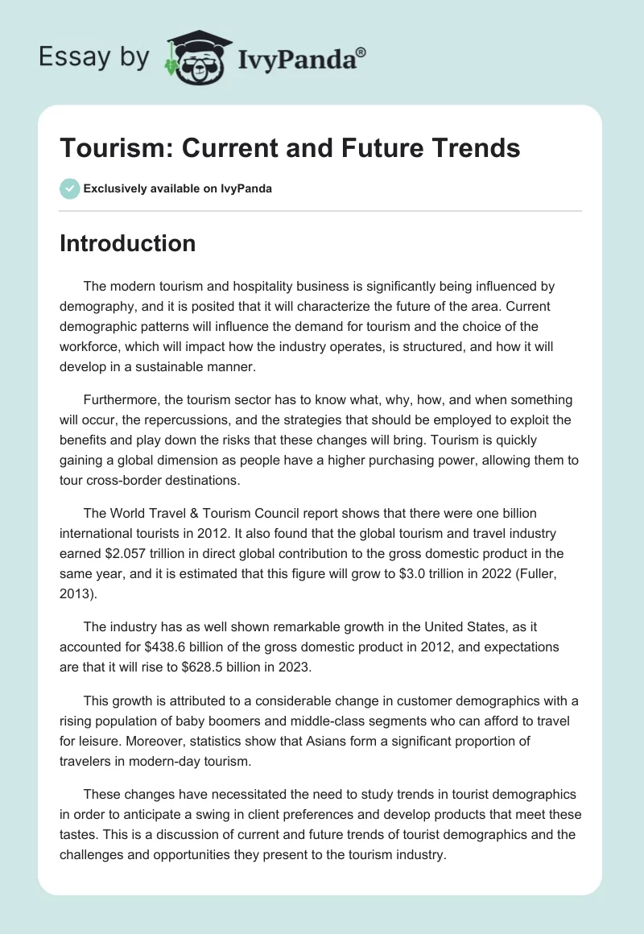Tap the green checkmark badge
tap(69, 188)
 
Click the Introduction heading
tap(127, 243)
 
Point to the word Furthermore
tap(122, 399)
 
